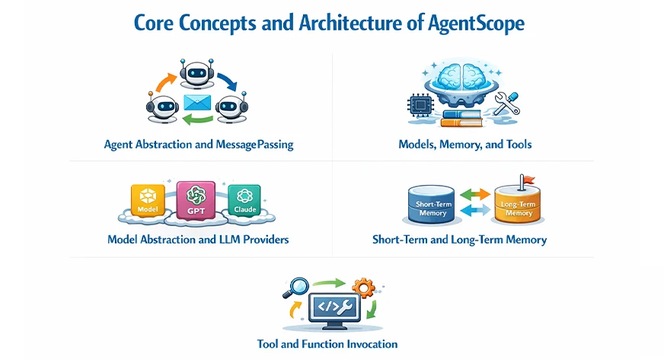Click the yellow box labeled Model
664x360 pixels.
coord(148,201)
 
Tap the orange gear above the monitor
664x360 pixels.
coord(365,287)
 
